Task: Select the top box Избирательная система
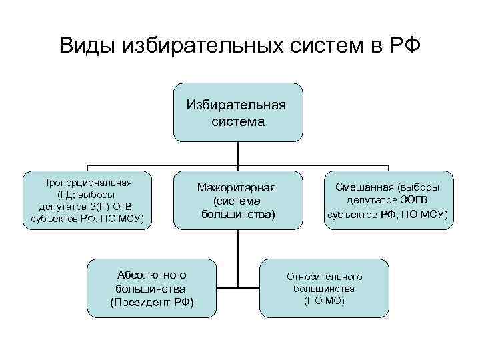coord(238,112)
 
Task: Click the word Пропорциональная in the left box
coord(87,182)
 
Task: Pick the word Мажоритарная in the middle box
coord(237,188)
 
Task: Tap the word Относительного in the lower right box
coord(324,275)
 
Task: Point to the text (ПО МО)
coord(324,301)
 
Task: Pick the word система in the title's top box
coord(238,121)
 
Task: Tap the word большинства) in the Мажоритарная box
coord(237,214)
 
